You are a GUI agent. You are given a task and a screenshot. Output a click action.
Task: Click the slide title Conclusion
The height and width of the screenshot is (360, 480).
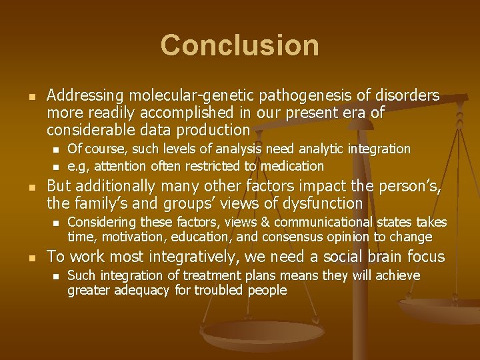(x=239, y=45)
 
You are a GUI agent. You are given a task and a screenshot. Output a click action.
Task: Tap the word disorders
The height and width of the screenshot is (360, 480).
(x=406, y=96)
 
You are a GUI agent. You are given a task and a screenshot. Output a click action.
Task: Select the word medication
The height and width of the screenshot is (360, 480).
(x=291, y=166)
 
